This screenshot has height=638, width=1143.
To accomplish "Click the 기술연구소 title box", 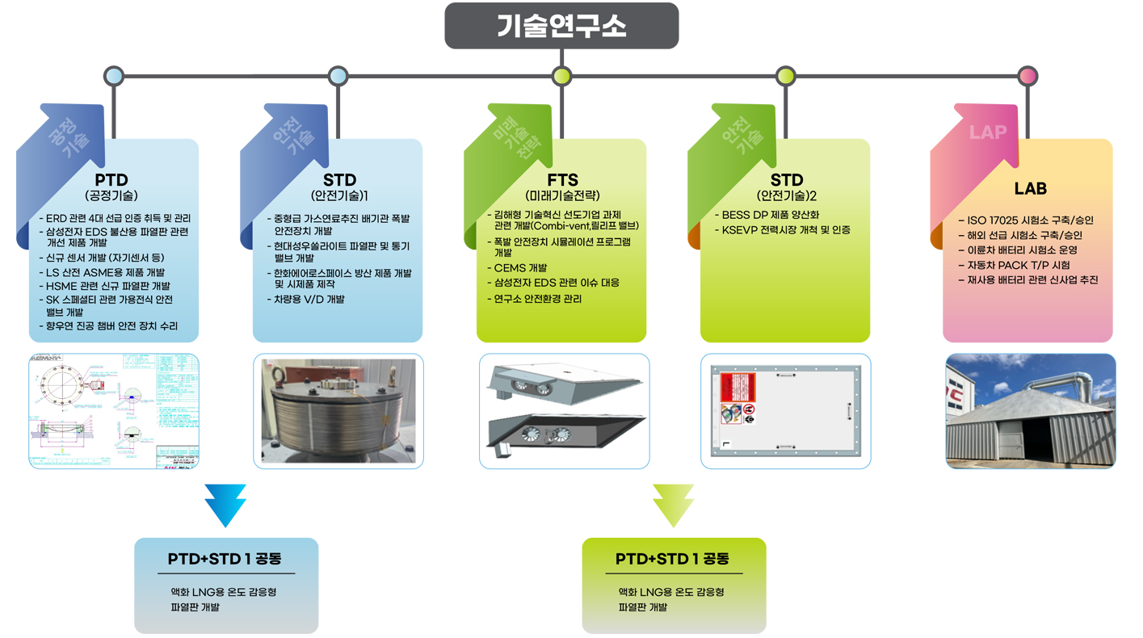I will pos(561,26).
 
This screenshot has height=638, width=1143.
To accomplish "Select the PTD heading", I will pos(111,180).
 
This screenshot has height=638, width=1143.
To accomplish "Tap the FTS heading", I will pos(561,180).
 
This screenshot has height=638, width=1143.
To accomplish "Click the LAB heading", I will pos(1030,188).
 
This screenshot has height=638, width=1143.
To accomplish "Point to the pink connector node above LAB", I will pos(1027,76).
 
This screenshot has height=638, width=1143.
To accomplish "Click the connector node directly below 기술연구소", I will pos(561,76).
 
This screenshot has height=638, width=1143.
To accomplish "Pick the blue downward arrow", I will pos(225,505).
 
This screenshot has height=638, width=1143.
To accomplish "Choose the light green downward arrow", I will pos(673,505).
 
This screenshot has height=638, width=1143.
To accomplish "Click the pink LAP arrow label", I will pos(987,132).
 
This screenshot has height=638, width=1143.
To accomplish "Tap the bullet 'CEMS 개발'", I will pos(520,268).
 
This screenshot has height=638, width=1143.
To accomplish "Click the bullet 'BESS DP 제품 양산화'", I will pos(771,215).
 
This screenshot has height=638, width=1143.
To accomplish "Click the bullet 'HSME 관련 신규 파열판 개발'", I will pos(107,286).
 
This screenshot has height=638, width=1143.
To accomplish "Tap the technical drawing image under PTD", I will pos(114,410).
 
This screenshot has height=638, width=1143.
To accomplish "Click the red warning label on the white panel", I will pos(737,387).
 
